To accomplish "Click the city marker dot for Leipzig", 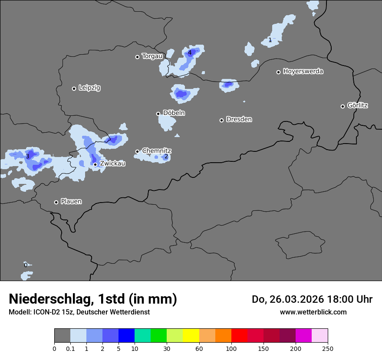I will coord(74,88).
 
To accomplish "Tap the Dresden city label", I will coord(239,119).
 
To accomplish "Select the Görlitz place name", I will coord(358,105).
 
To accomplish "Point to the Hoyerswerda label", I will coord(303,71).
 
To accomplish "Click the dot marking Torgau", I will coord(137,57).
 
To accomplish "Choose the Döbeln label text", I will coord(174,113).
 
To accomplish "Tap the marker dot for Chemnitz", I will coord(137,151).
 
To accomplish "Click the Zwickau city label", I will coord(112,164).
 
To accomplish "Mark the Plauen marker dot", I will coord(56,202).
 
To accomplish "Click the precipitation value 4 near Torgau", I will coord(190,53).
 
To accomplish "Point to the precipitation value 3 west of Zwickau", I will coord(27,156).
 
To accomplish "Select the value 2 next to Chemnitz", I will coord(166,156).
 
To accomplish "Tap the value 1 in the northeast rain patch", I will coord(270,40).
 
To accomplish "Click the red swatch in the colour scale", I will coord(239,336).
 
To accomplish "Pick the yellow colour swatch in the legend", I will coord(191,336).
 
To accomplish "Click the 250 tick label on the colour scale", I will coord(328,348).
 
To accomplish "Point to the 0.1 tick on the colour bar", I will coord(70,348).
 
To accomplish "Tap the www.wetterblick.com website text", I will coord(313,312).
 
